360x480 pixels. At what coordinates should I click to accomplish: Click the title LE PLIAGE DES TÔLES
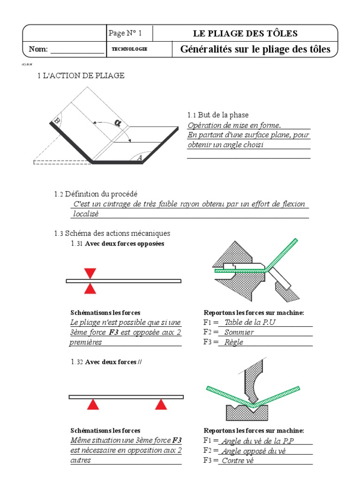(245, 33)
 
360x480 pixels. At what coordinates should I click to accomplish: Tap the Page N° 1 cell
(125, 33)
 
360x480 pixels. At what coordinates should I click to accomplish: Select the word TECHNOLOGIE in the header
(129, 49)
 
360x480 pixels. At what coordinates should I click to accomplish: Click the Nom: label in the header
(38, 49)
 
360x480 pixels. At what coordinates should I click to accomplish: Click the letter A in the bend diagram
(139, 158)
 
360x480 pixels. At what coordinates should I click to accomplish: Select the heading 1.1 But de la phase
(218, 115)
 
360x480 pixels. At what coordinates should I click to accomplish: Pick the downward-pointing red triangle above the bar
(90, 273)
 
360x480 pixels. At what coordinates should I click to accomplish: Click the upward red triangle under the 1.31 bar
(90, 289)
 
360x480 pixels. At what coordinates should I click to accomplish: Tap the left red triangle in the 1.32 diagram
(94, 405)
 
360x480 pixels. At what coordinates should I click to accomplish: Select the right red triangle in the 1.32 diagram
(161, 405)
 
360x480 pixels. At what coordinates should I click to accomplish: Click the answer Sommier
(239, 332)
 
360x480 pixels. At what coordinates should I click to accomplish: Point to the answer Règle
(234, 342)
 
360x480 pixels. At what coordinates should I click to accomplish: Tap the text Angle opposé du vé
(253, 451)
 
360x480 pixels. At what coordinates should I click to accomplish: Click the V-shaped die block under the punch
(247, 413)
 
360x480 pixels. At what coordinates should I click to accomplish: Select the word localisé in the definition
(86, 214)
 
